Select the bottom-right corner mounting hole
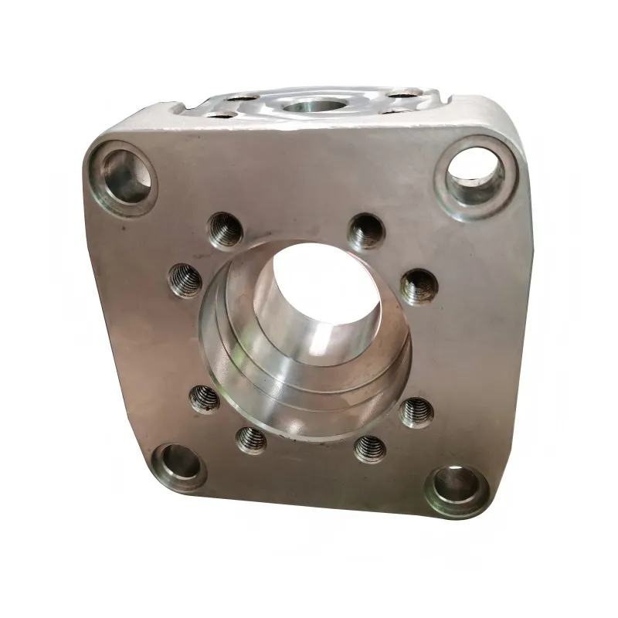456,486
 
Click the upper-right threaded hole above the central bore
365,229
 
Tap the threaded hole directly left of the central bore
185,279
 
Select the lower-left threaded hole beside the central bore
205,399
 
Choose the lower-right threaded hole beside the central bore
416,412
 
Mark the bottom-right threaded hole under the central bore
369,447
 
